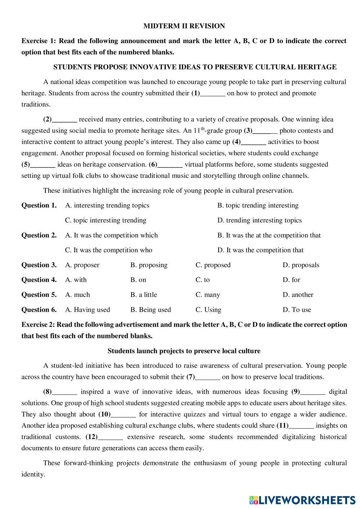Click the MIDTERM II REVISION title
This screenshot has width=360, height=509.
click(184, 26)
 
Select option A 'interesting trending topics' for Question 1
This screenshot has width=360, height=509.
click(107, 205)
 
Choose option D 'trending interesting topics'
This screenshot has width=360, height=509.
click(259, 220)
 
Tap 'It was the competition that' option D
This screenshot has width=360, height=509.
click(260, 250)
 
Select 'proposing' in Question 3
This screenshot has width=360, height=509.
click(149, 265)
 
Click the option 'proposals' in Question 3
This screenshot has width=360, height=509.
click(301, 265)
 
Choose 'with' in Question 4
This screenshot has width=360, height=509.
click(76, 280)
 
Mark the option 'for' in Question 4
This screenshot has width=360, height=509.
click(291, 280)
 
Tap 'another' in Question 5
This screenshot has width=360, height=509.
click(298, 295)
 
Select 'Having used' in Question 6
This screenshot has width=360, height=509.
click(88, 310)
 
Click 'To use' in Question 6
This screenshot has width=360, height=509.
click(297, 310)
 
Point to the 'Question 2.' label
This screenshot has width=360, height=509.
click(39, 235)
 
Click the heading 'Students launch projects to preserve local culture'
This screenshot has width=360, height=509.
click(184, 351)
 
